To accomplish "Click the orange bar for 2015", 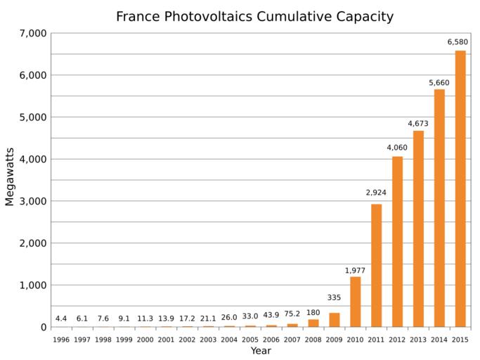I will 460,188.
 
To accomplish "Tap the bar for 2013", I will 418,229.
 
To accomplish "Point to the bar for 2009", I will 334,320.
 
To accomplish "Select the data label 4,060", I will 397,148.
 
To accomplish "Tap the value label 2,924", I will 376,193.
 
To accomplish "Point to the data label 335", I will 334,297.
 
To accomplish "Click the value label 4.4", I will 61,319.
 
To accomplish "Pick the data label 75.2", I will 292,314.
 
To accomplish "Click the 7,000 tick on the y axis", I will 33,33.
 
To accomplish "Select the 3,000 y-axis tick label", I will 33,201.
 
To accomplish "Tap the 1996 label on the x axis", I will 61,340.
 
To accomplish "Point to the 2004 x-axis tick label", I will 229,340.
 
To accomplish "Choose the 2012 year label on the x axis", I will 397,340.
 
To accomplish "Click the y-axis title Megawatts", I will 10,176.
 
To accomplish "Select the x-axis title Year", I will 260,351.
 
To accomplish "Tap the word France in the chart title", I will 136,16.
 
